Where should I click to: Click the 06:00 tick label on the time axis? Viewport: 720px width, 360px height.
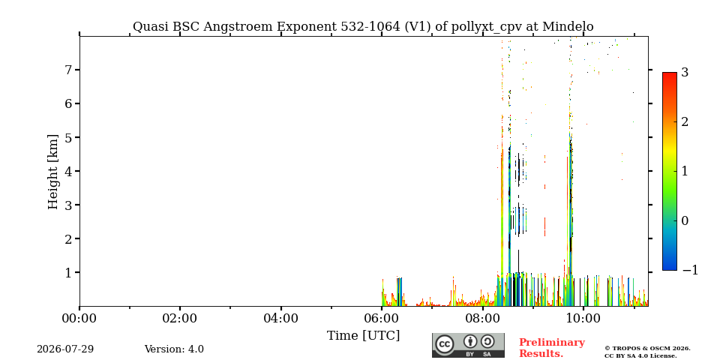382,318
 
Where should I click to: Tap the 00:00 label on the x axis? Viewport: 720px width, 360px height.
79,318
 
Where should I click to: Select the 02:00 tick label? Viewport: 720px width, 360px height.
180,318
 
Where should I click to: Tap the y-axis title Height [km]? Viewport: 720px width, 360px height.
53,172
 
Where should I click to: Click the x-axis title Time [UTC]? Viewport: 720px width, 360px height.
363,336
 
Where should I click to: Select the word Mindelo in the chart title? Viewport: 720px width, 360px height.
568,27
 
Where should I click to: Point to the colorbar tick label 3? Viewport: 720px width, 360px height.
685,72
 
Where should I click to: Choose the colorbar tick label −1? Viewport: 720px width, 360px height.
690,270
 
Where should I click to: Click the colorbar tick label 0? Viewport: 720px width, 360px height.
685,220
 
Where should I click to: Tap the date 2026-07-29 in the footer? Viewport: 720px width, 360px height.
65,349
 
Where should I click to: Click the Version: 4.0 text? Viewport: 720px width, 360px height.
174,349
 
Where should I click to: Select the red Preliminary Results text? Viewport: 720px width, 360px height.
552,348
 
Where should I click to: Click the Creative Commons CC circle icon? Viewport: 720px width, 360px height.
445,345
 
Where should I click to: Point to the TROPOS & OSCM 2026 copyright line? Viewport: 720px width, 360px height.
647,349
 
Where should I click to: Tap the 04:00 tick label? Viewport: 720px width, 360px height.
280,318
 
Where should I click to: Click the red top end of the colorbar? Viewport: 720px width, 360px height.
670,73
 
